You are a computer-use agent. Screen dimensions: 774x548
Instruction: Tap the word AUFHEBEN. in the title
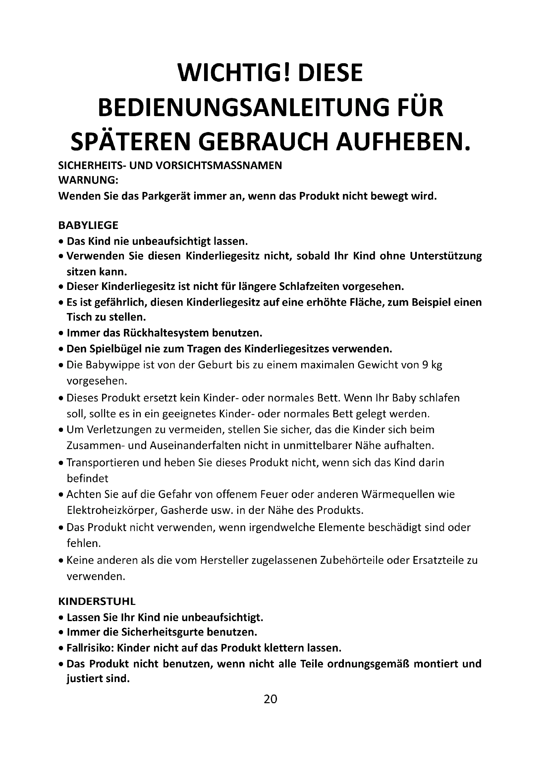403,142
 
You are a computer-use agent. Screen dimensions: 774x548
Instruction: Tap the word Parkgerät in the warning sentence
166,196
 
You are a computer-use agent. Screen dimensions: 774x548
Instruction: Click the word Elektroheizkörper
111,510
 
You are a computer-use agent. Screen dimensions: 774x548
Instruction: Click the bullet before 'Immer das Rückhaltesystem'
61,334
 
